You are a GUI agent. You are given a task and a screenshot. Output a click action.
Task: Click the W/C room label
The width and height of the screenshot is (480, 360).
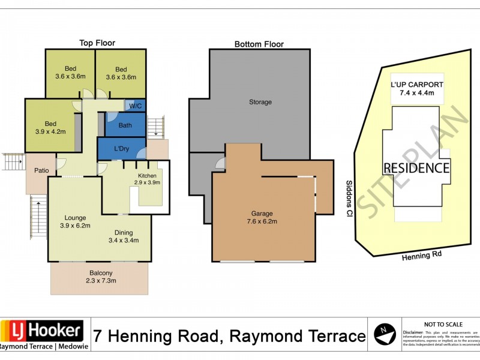pyautogui.click(x=135, y=106)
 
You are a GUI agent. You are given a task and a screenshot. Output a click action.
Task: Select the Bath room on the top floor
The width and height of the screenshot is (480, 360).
pyautogui.click(x=125, y=125)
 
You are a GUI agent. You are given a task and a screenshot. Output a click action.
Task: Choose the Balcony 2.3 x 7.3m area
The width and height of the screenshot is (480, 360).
pyautogui.click(x=99, y=277)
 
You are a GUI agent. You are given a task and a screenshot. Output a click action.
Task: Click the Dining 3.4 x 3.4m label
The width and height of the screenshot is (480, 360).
pyautogui.click(x=124, y=236)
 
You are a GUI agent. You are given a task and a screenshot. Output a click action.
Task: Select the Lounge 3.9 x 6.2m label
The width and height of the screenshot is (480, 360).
pyautogui.click(x=76, y=221)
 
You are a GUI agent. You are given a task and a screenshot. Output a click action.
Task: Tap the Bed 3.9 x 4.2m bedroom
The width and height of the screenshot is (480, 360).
pyautogui.click(x=50, y=127)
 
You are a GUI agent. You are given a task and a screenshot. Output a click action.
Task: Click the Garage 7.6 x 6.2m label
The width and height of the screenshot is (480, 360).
pyautogui.click(x=262, y=217)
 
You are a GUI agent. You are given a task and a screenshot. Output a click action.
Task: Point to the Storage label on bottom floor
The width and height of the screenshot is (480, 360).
pyautogui.click(x=260, y=102)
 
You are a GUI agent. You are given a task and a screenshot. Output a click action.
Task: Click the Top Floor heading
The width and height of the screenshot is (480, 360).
pyautogui.click(x=97, y=43)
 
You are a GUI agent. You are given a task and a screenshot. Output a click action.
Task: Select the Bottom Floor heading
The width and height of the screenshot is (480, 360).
pyautogui.click(x=259, y=44)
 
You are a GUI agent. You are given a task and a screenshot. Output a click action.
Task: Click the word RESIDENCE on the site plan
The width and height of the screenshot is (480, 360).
pyautogui.click(x=416, y=167)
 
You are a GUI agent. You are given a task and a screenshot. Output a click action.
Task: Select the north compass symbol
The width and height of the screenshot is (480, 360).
pyautogui.click(x=384, y=333)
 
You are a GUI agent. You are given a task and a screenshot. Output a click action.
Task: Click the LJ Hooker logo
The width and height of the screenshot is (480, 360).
pyautogui.click(x=42, y=334)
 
